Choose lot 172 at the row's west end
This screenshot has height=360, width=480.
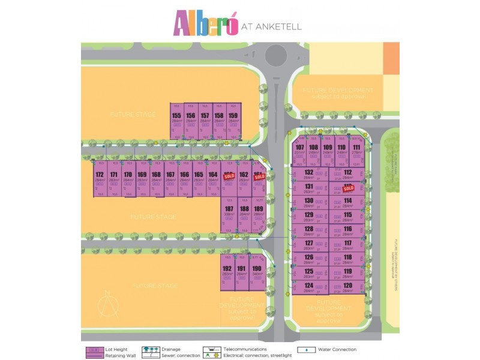pos(100,178)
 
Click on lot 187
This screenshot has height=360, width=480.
pos(229,212)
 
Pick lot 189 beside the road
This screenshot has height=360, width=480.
pos(258,212)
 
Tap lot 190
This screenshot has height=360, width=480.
pos(257,272)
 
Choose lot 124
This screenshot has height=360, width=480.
pos(309,288)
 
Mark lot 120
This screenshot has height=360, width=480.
pos(347,288)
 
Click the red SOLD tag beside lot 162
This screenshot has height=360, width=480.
pos(229,178)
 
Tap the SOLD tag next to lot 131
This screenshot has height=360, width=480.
pos(348,188)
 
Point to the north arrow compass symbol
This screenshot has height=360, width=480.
pos(108,303)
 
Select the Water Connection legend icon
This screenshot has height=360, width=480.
pos(307,350)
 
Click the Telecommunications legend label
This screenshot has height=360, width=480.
pos(245,349)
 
